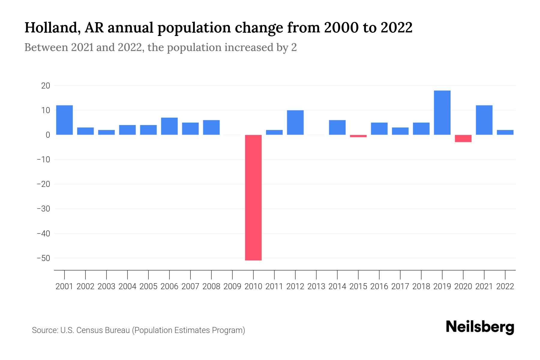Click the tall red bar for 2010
pyautogui.click(x=253, y=197)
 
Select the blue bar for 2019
pyautogui.click(x=442, y=112)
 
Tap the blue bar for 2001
pyautogui.click(x=64, y=120)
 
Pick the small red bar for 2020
pyautogui.click(x=463, y=138)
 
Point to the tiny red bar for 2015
pyautogui.click(x=358, y=136)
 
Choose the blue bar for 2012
pyautogui.click(x=295, y=122)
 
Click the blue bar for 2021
pyautogui.click(x=484, y=120)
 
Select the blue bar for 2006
pyautogui.click(x=169, y=126)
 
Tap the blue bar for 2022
pyautogui.click(x=505, y=132)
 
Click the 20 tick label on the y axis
pyautogui.click(x=46, y=86)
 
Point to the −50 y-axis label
pyautogui.click(x=43, y=258)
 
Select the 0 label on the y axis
pyautogui.click(x=48, y=135)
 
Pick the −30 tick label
pyautogui.click(x=43, y=209)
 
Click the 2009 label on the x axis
pyautogui.click(x=232, y=286)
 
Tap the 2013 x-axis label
pyautogui.click(x=316, y=286)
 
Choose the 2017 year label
pyautogui.click(x=400, y=286)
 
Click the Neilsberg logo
pyautogui.click(x=480, y=327)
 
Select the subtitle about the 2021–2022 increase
pyautogui.click(x=160, y=47)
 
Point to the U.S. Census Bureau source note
pyautogui.click(x=138, y=330)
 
